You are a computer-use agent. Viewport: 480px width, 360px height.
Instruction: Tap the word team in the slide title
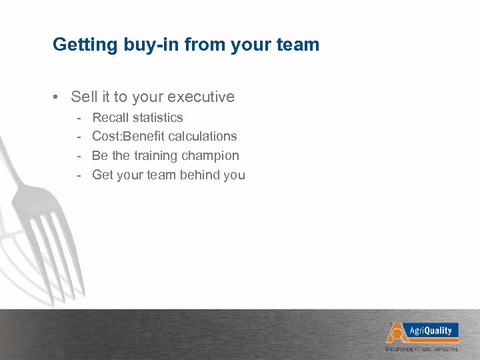(x=299, y=45)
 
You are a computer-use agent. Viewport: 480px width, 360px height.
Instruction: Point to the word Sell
(x=84, y=97)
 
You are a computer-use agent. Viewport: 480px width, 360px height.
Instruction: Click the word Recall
(x=110, y=117)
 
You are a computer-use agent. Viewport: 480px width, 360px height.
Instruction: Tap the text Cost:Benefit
(x=129, y=137)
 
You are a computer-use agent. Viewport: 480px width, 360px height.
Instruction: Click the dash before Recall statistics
(x=79, y=117)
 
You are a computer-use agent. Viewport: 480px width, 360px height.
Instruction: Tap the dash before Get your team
(x=79, y=175)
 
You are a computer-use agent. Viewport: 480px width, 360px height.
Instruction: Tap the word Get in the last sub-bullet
(x=102, y=175)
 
